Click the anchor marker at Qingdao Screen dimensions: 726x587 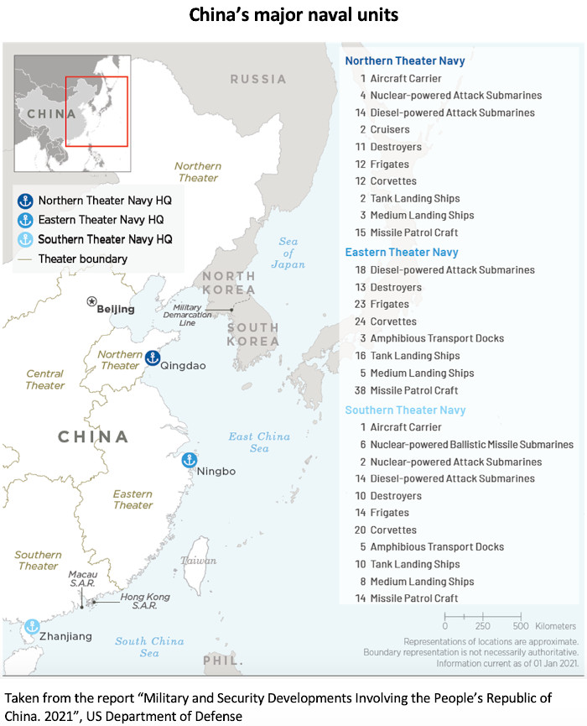click(152, 358)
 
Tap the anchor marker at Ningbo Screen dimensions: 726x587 click(190, 460)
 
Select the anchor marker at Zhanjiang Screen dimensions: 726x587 click(32, 626)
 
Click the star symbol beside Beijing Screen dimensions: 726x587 click(91, 301)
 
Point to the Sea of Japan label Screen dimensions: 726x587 click(288, 253)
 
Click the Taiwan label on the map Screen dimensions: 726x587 click(199, 560)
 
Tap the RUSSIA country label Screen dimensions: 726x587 click(258, 79)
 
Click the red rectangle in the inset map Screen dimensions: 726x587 click(96, 111)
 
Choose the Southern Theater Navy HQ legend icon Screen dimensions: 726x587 click(25, 239)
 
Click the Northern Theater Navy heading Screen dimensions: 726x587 click(404, 60)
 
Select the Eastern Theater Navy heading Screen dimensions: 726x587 click(402, 252)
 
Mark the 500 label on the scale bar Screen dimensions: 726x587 click(520, 626)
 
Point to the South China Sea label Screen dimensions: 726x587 click(149, 647)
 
